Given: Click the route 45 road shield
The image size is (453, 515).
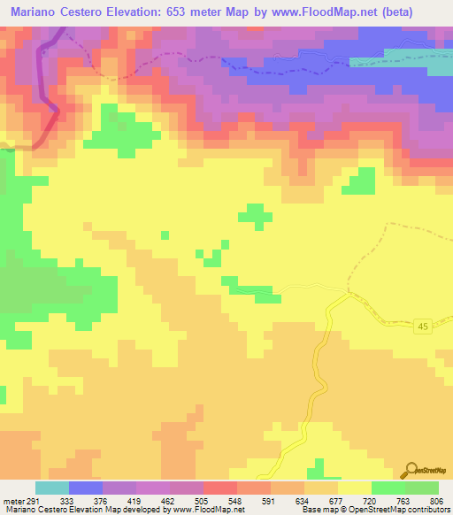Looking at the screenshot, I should click(x=423, y=327).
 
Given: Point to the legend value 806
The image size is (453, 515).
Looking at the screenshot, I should click(x=436, y=500).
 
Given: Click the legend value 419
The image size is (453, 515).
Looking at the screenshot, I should click(x=135, y=500).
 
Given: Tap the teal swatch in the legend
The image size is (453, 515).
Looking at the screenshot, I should click(x=51, y=488).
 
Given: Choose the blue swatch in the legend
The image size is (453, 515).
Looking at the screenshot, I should click(x=85, y=488).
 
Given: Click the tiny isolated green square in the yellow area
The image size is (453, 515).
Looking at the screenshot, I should click(x=165, y=234).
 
